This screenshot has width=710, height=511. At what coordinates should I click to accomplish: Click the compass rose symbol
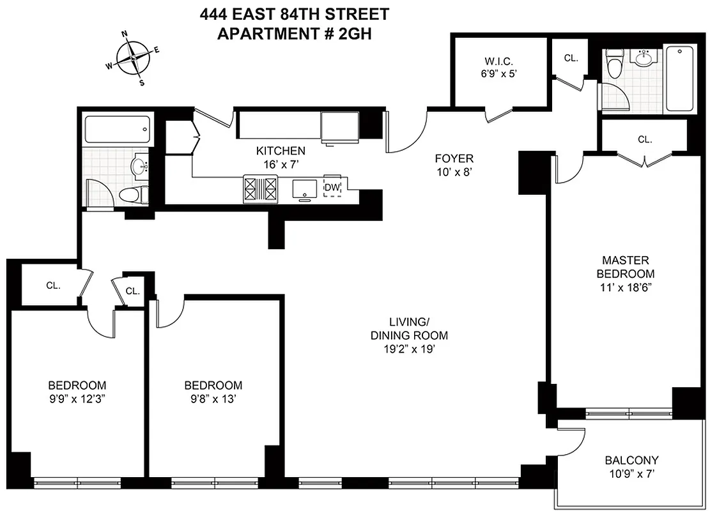pyautogui.click(x=133, y=57)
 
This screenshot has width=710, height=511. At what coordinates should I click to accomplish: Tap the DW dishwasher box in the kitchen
pyautogui.click(x=332, y=187)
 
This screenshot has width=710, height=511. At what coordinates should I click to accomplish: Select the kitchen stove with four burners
pyautogui.click(x=261, y=188)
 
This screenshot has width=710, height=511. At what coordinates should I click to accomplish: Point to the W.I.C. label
pyautogui.click(x=499, y=61)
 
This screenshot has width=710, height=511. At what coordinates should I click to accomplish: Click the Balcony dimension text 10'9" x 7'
pyautogui.click(x=631, y=474)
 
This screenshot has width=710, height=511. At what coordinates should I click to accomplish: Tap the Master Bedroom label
pyautogui.click(x=626, y=266)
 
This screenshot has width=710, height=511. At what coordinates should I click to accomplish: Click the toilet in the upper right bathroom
pyautogui.click(x=615, y=64)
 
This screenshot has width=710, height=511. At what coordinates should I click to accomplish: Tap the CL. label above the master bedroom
pyautogui.click(x=644, y=139)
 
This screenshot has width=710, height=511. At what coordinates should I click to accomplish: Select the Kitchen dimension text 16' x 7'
pyautogui.click(x=281, y=164)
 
